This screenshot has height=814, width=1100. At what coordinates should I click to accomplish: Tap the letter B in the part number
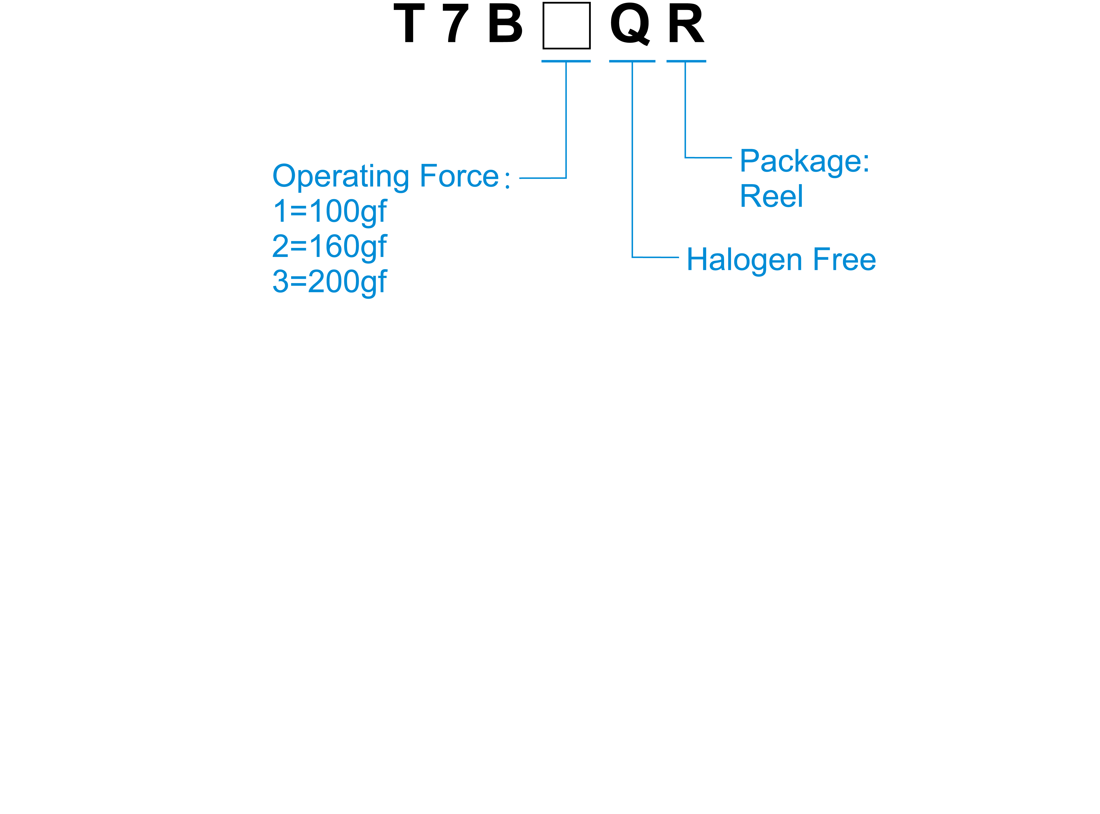(505, 24)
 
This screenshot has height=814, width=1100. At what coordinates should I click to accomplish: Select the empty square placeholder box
(566, 26)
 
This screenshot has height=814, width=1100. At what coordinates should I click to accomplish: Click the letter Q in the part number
(630, 25)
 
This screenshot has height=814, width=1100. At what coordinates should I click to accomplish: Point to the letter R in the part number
(686, 24)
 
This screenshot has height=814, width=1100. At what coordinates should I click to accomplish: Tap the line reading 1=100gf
(330, 212)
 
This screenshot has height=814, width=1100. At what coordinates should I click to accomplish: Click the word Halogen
(745, 260)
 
